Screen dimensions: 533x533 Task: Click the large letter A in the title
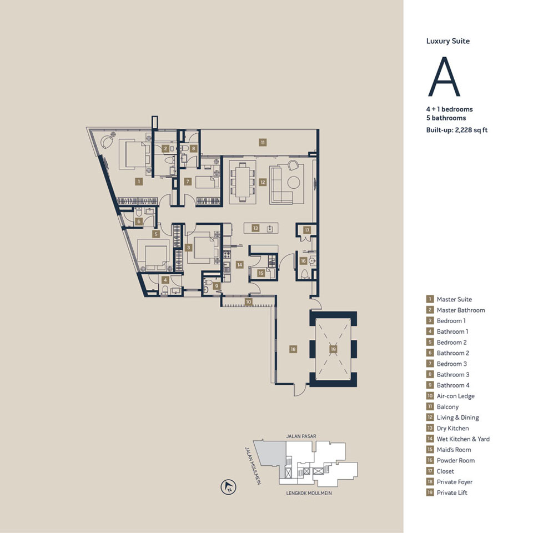click(444, 77)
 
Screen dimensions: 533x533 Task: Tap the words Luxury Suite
click(447, 41)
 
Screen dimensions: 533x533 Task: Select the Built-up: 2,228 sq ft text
click(453, 130)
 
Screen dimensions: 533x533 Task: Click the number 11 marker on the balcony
click(262, 142)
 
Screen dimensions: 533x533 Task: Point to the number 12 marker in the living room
click(260, 182)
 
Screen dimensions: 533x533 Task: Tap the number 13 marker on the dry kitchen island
click(255, 228)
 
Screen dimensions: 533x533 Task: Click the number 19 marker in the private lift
click(333, 349)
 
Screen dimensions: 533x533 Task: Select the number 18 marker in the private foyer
click(293, 349)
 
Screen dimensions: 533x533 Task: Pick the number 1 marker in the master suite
click(138, 182)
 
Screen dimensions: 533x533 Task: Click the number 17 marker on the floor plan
click(306, 230)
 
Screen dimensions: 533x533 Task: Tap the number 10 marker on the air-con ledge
click(248, 302)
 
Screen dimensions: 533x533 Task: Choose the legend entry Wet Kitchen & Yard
click(462, 439)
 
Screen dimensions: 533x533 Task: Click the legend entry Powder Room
click(455, 460)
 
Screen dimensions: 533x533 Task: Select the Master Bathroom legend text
click(460, 310)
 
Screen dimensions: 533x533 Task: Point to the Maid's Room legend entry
click(453, 450)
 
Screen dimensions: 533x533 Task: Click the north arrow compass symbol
click(228, 488)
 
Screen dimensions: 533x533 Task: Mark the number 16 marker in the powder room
click(303, 260)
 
